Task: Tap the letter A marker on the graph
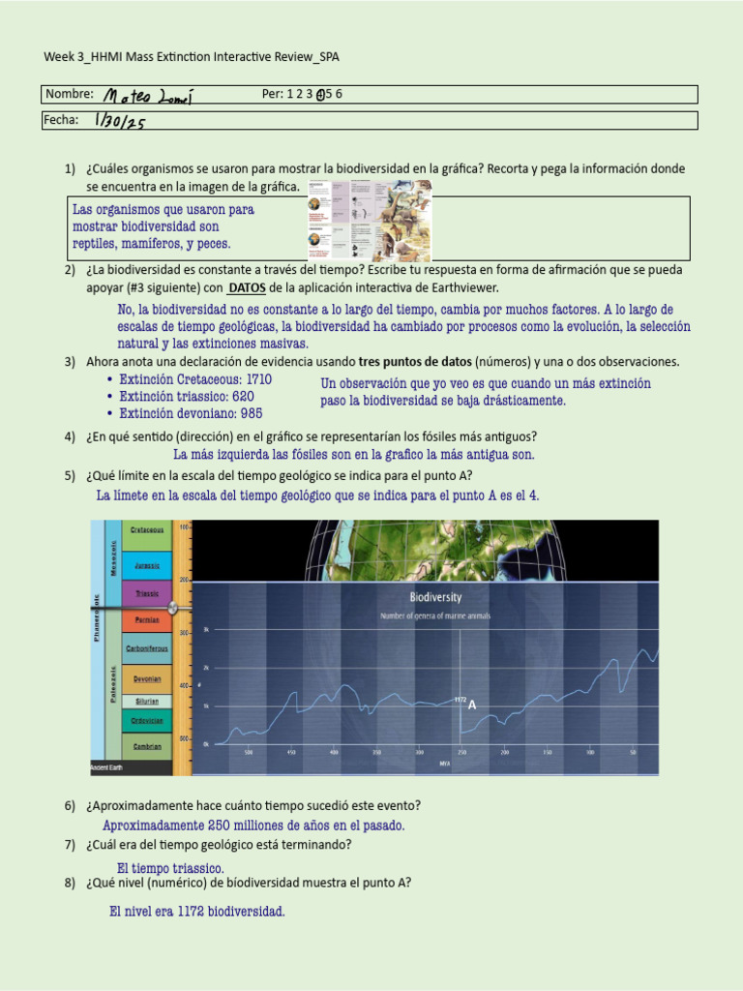pyautogui.click(x=472, y=706)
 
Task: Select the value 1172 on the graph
pyautogui.click(x=460, y=699)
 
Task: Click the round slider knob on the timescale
pyautogui.click(x=173, y=608)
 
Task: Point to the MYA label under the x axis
pyautogui.click(x=444, y=764)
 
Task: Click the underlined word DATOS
pyautogui.click(x=253, y=288)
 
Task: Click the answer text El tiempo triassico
pyautogui.click(x=170, y=868)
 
